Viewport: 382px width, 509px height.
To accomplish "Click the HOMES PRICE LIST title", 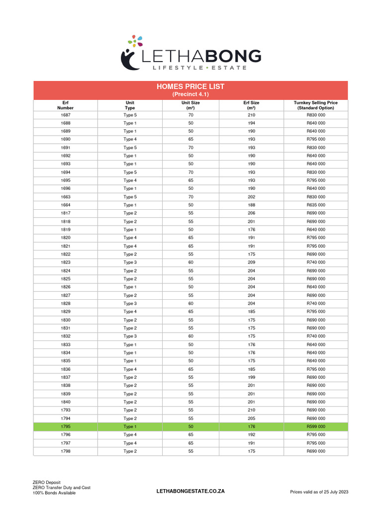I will [191, 86].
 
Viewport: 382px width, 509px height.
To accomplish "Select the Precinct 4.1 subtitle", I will [191, 94].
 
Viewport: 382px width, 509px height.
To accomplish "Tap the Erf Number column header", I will [66, 105].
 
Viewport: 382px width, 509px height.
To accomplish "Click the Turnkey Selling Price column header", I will [315, 105].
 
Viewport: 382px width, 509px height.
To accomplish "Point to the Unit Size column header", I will [191, 105].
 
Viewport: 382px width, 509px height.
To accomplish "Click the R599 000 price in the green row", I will [315, 426].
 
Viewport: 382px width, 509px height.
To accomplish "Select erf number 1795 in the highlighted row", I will [66, 426].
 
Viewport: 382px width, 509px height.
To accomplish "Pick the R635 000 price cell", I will [315, 205].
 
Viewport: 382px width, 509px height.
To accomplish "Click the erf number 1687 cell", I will [66, 115].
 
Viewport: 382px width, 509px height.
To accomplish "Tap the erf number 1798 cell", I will [66, 451].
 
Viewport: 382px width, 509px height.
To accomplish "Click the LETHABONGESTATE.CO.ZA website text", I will [191, 491].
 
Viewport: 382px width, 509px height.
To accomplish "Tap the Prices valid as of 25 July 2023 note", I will [319, 492].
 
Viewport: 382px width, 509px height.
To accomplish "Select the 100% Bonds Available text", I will [54, 493].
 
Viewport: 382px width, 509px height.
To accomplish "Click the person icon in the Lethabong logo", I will [130, 58].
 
